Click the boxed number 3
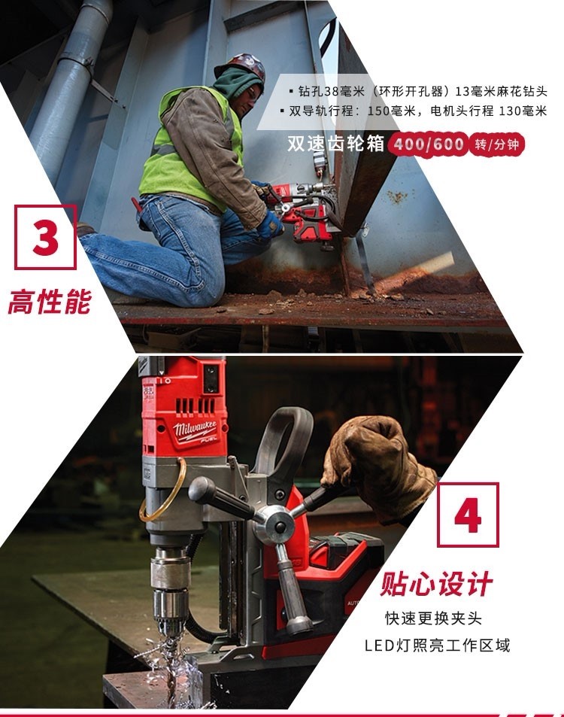tap(45, 237)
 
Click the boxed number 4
tap(468, 515)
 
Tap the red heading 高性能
tap(50, 302)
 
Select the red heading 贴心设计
tap(436, 584)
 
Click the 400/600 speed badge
tap(428, 144)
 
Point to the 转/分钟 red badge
tap(497, 144)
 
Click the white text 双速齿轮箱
tap(336, 143)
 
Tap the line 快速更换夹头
tap(433, 618)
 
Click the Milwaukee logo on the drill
tap(194, 430)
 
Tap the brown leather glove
tap(377, 469)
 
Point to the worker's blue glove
tap(270, 225)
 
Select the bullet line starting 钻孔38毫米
tap(418, 92)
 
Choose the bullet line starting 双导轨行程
tap(414, 111)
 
